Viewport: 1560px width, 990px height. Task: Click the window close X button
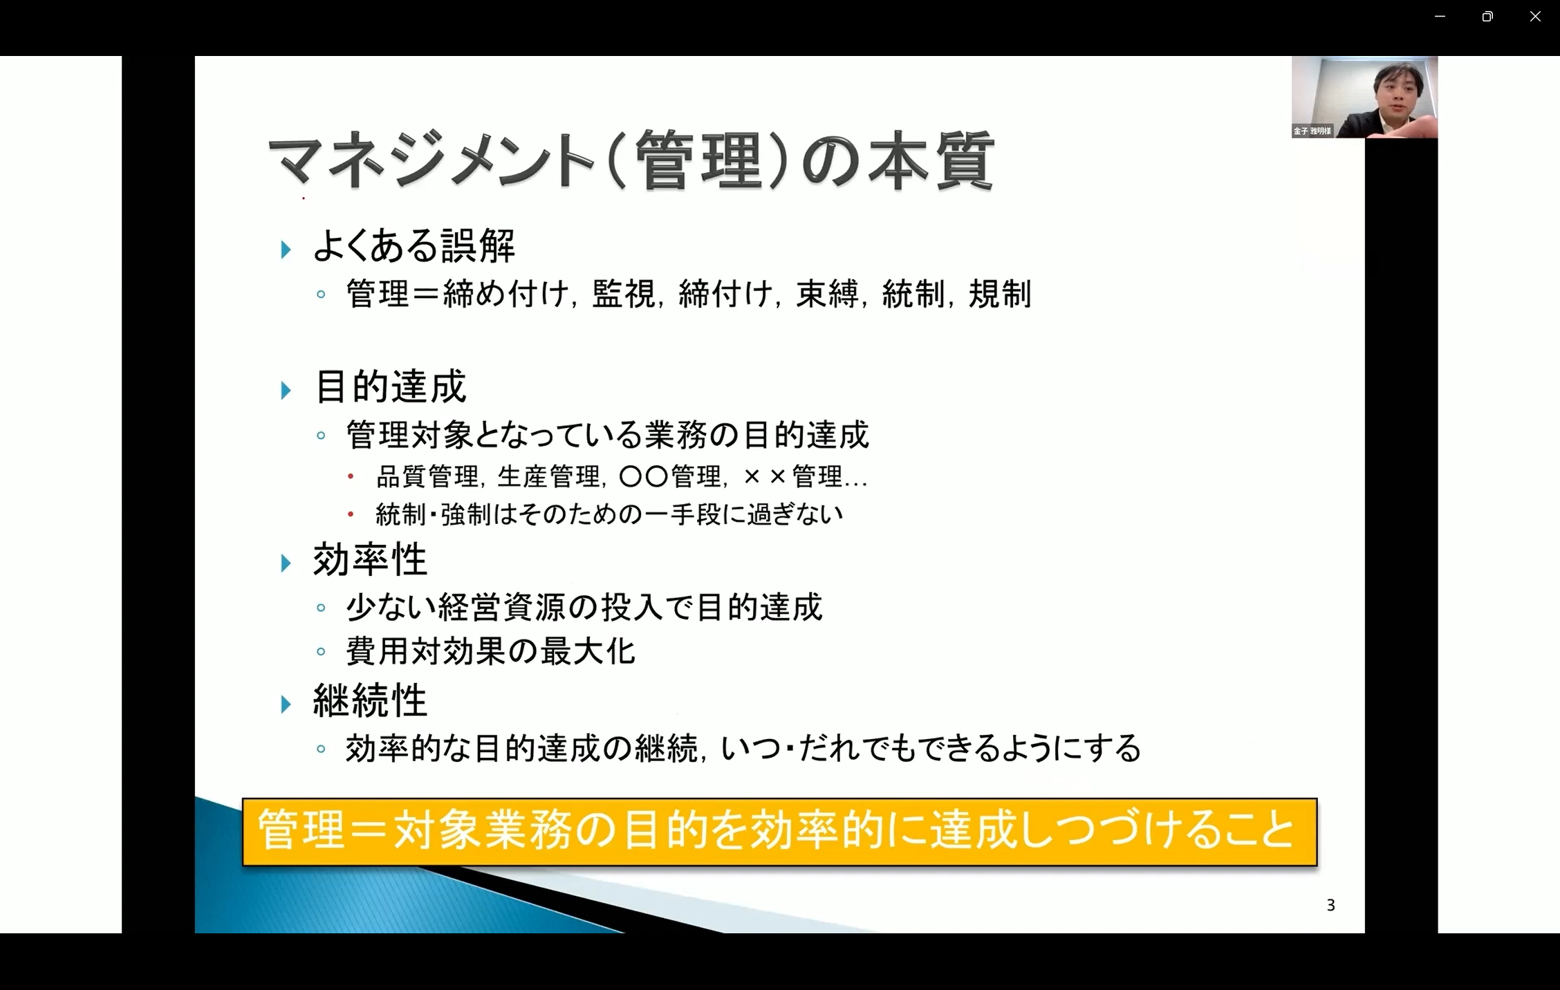click(1535, 17)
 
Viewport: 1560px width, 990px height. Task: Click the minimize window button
click(1440, 17)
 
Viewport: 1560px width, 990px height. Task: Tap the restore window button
click(1487, 17)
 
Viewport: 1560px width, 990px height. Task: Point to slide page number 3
click(1330, 905)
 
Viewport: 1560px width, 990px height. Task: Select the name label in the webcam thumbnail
click(1312, 131)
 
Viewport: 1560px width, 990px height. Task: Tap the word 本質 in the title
click(929, 161)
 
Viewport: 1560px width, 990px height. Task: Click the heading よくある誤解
click(414, 245)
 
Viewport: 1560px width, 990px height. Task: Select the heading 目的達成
click(391, 386)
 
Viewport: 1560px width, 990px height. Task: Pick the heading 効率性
click(371, 559)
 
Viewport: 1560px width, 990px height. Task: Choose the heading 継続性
click(371, 700)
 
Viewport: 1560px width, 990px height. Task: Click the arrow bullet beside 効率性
click(286, 563)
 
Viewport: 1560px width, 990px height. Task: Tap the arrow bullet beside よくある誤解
click(286, 250)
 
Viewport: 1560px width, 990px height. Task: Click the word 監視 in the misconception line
click(624, 294)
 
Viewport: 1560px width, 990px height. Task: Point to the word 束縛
click(827, 294)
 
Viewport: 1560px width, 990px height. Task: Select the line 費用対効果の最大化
click(490, 651)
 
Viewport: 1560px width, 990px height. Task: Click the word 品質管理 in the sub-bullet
click(427, 476)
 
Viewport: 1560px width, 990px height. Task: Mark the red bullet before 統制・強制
click(351, 514)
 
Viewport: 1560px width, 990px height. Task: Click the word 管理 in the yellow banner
click(301, 830)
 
